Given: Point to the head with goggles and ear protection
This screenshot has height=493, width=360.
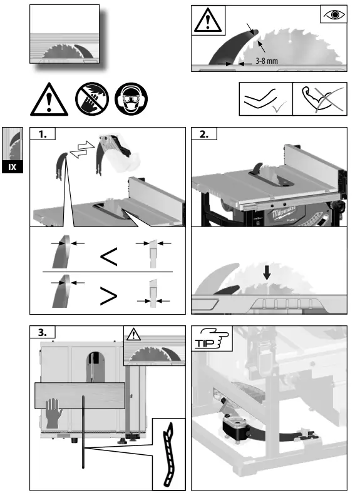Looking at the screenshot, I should (x=132, y=99).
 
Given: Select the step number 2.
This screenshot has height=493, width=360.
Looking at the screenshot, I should (x=204, y=135).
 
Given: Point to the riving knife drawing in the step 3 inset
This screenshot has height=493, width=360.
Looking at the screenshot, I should (x=168, y=455).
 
